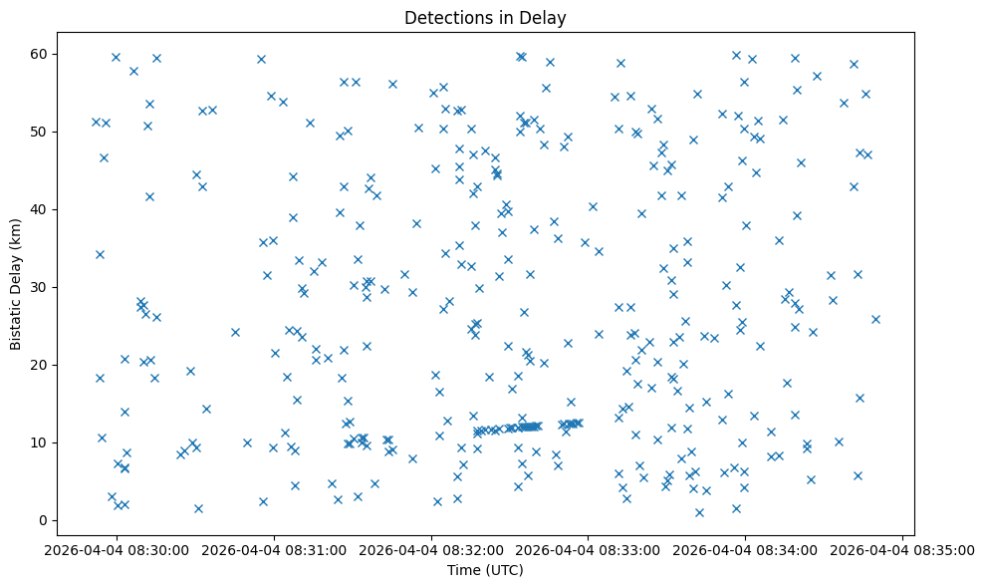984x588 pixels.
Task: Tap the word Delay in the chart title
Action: coord(545,17)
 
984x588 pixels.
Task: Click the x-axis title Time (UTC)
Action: coord(486,571)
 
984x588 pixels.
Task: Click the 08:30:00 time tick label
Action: coord(117,549)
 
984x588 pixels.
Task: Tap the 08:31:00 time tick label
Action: coord(274,549)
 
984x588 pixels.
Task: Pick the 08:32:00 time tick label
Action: coord(431,549)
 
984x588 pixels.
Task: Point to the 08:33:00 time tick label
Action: coord(589,549)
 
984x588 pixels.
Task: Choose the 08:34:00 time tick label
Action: coord(746,549)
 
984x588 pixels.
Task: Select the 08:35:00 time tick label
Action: coord(903,549)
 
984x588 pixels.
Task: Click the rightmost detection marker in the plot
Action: coord(875,319)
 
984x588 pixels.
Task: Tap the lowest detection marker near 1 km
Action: coord(699,512)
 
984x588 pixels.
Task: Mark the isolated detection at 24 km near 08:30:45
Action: coord(235,332)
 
